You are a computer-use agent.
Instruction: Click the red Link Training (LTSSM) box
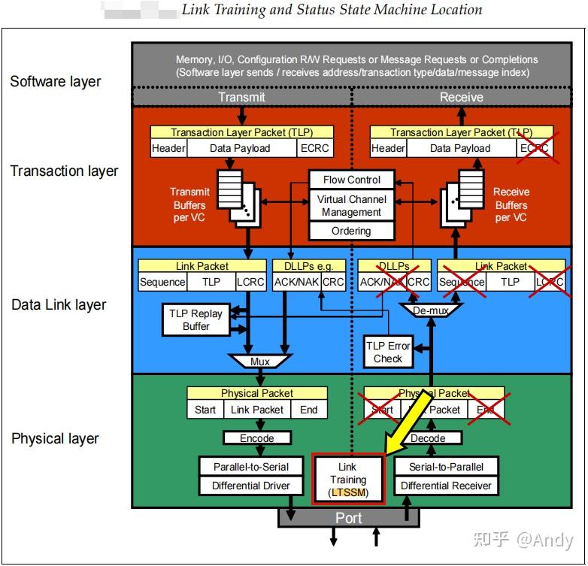coord(348,479)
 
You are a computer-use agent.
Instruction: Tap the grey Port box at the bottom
coord(348,518)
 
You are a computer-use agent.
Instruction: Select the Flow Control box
coord(352,180)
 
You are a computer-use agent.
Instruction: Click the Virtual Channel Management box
coord(352,206)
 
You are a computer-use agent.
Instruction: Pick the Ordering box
coord(352,232)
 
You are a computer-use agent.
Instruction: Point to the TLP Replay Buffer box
coord(196,320)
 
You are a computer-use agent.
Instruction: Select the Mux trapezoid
coord(260,362)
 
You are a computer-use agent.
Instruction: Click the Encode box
coord(257,438)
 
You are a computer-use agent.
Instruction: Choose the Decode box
coord(428,438)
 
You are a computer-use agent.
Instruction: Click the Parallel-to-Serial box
coord(251,467)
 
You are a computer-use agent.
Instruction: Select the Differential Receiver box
coord(446,486)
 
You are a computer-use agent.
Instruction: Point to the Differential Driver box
coord(251,486)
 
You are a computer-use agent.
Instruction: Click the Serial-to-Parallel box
coord(446,467)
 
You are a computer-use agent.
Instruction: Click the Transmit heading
coord(241,97)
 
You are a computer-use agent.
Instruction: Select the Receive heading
coord(461,97)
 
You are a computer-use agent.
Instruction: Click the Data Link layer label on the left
coord(59,305)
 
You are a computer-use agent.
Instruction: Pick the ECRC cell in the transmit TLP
coord(314,148)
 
